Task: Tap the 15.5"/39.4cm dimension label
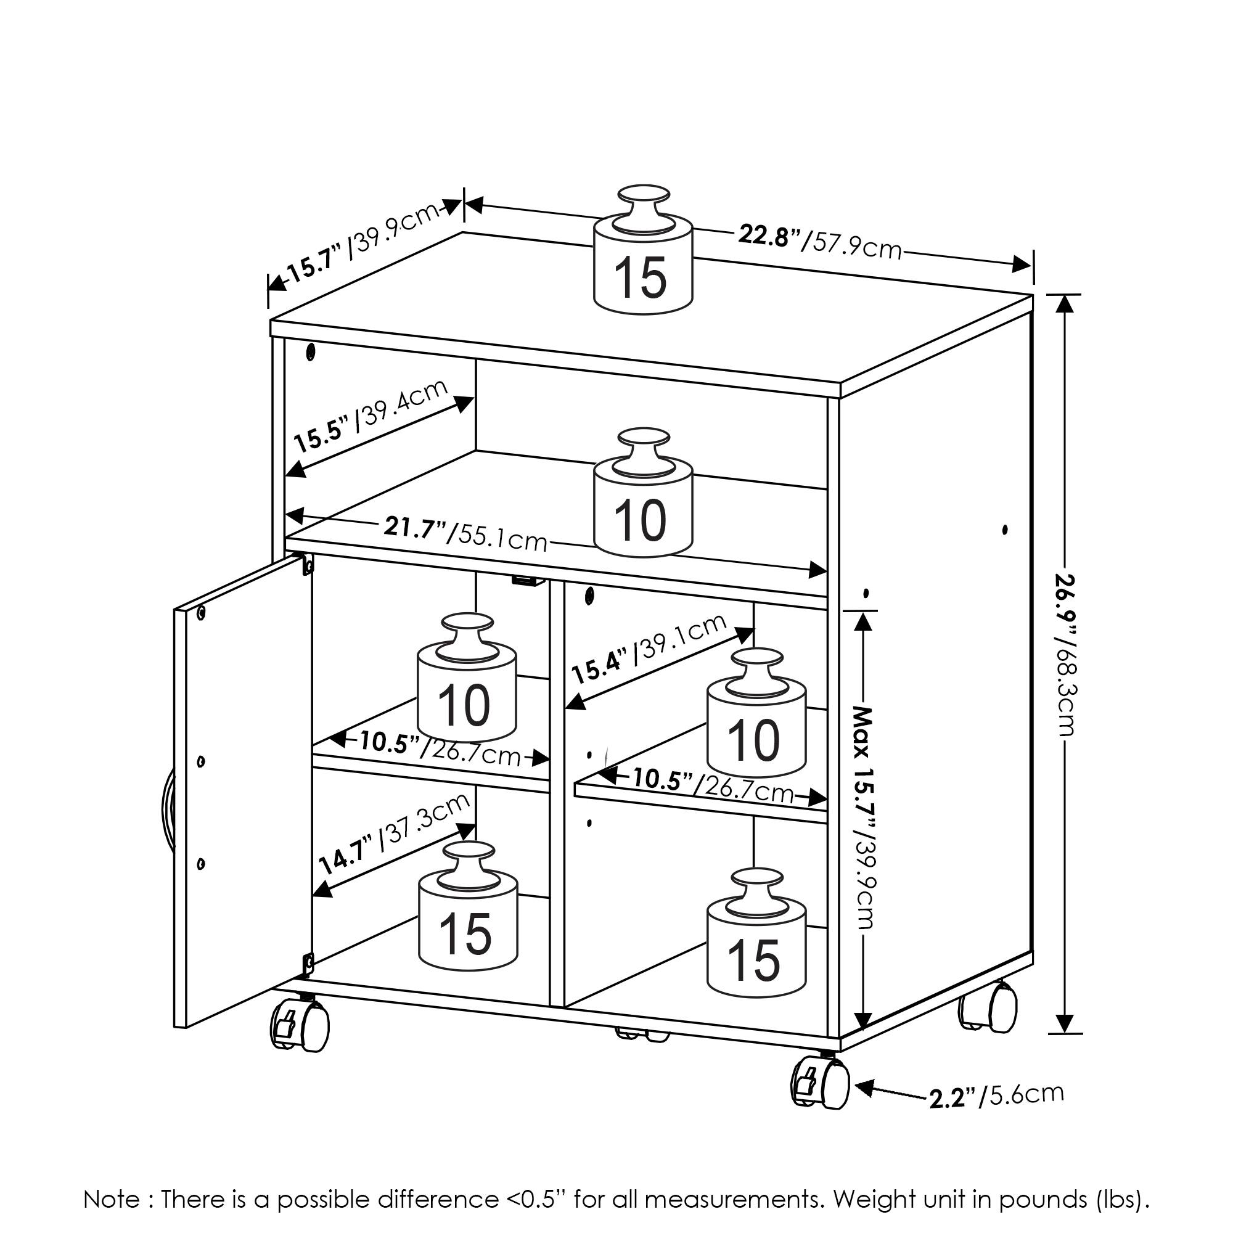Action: click(x=371, y=416)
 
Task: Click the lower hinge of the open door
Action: click(x=308, y=963)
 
